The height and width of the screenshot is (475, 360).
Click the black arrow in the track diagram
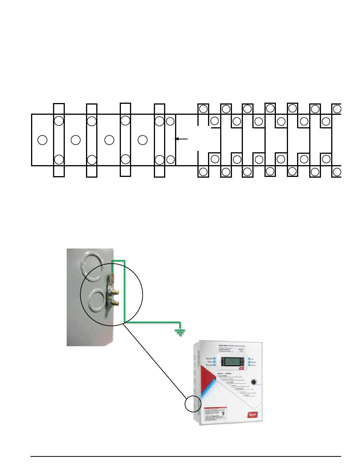[181, 139]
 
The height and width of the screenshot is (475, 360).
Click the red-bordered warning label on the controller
[216, 417]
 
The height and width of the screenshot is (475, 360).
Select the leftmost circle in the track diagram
[42, 140]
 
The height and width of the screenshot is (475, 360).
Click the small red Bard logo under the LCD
[241, 370]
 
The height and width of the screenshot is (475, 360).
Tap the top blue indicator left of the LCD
[214, 358]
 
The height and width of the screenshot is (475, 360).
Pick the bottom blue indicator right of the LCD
[249, 366]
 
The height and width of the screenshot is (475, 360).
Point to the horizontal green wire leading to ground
[152, 323]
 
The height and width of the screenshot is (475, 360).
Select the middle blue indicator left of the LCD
[214, 362]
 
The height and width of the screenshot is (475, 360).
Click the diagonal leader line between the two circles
[155, 360]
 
